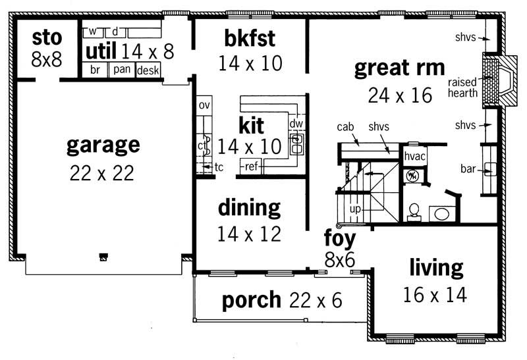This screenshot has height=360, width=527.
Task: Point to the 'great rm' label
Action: pos(399,68)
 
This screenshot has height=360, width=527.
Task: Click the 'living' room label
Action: pos(435,268)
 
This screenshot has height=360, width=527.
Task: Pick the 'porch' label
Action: pos(251,300)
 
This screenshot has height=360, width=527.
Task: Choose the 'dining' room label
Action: pos(249,209)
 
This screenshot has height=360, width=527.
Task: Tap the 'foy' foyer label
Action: pos(339,238)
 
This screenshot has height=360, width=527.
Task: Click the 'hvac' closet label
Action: pos(414,156)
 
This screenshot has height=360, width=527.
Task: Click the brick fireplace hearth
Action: pos(491,81)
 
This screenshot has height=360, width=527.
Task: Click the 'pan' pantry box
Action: pos(121,69)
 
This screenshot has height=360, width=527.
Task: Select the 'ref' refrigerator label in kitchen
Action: pos(251,167)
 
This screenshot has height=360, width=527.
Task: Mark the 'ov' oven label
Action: pos(204,105)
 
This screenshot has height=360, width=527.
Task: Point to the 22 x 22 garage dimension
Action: pos(102,173)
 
